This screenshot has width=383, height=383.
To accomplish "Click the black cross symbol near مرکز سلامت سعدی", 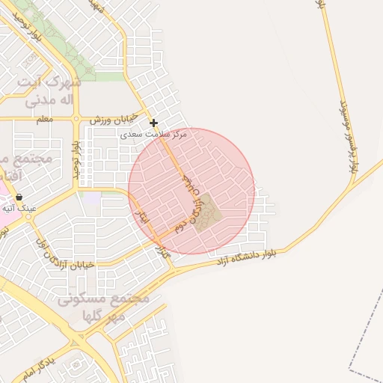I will click(153, 123).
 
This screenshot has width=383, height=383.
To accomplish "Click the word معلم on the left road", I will click(44, 119).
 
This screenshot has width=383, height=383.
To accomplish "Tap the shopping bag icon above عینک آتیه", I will click(19, 197).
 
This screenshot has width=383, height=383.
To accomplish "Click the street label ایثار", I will click(142, 216).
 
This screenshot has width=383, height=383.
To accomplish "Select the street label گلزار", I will click(163, 252).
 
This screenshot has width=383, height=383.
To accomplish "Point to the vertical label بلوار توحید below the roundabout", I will click(76, 160).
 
